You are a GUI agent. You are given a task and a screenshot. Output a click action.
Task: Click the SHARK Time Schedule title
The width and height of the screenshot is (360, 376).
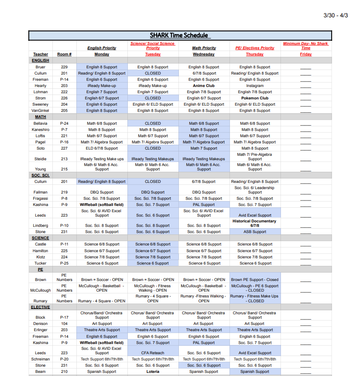click(179, 36)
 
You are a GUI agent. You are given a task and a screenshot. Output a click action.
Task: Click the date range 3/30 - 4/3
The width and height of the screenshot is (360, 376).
click(336, 16)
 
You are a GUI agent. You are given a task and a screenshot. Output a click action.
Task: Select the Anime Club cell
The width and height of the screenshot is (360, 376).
click(204, 86)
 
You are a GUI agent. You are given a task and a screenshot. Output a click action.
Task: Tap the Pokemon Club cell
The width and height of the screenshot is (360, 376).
click(255, 98)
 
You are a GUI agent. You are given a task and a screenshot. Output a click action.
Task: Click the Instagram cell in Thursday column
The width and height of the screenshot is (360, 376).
click(255, 86)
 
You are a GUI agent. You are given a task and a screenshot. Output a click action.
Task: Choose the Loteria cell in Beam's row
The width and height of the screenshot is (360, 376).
click(153, 372)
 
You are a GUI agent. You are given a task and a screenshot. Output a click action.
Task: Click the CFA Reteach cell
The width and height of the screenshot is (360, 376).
click(153, 353)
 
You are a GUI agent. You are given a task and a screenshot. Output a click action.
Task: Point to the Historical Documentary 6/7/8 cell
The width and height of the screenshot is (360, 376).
click(255, 223)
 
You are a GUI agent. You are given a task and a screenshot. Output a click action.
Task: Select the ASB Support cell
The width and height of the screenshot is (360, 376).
click(255, 232)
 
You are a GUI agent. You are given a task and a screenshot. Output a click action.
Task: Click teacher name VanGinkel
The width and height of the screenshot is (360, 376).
click(40, 111)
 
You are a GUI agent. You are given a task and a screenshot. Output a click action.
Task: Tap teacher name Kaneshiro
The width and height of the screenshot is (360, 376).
click(40, 130)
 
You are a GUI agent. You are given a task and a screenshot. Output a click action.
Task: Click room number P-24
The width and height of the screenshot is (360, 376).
click(64, 123)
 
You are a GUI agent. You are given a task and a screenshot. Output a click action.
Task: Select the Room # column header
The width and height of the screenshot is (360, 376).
click(64, 54)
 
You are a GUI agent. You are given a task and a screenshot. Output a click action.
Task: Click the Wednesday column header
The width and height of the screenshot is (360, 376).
click(204, 54)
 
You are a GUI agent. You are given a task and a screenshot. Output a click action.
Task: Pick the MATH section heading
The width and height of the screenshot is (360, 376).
click(40, 117)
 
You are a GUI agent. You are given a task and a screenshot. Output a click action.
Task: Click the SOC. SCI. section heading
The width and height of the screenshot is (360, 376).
click(40, 175)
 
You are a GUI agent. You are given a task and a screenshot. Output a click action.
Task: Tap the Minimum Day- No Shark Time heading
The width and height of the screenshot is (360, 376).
click(306, 46)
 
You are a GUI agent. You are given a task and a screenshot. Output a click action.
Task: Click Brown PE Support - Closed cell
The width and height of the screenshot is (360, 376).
click(255, 280)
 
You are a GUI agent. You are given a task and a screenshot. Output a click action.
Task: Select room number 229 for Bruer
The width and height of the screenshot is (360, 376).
click(64, 67)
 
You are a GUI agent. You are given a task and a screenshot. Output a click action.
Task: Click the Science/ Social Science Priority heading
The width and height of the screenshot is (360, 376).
click(153, 46)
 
